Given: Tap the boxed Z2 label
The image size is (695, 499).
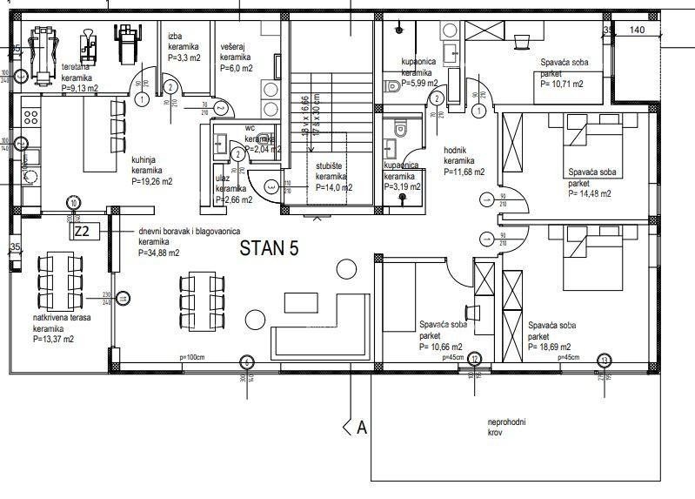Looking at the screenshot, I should pos(82,233).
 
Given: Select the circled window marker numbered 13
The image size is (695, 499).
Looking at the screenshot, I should pos(605,359).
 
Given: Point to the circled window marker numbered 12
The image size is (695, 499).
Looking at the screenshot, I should pos(475,359).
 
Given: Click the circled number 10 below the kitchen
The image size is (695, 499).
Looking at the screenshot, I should pos(74,202).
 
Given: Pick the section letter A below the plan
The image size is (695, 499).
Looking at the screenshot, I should pos(363,428).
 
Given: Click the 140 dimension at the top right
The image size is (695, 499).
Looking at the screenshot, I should pos(637,30).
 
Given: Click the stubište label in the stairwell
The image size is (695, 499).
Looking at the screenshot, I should pos(333,175).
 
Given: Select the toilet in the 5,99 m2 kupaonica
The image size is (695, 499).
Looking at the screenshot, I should pos(392,85).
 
